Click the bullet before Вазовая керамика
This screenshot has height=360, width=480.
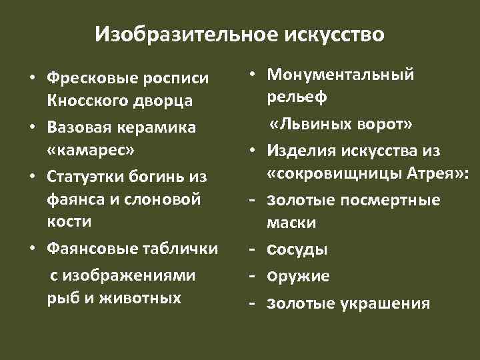coord(31,127)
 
